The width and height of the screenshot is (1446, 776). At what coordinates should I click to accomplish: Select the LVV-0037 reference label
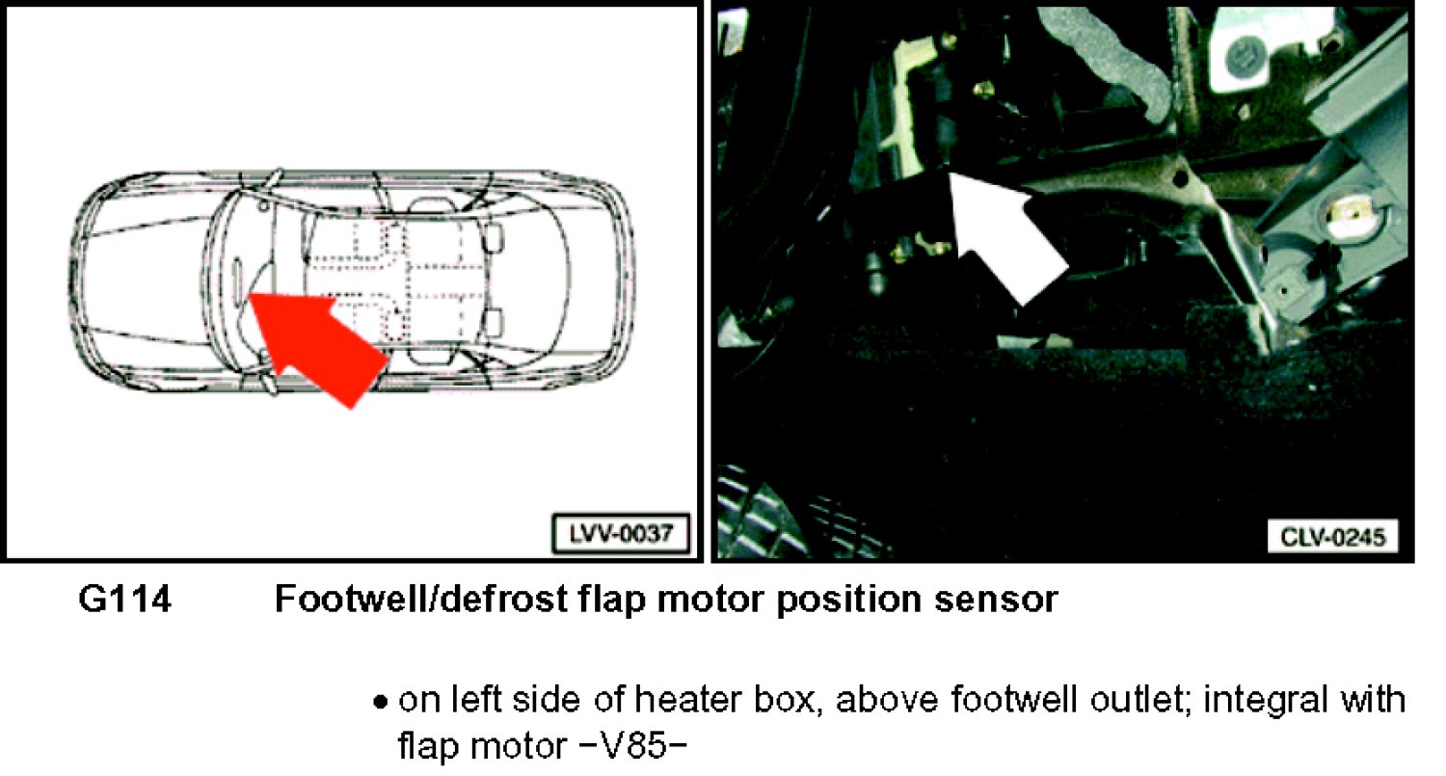click(x=621, y=534)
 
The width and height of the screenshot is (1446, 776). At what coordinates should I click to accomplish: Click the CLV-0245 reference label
click(x=1333, y=537)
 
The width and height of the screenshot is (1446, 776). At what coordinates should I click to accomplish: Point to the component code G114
click(x=124, y=599)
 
